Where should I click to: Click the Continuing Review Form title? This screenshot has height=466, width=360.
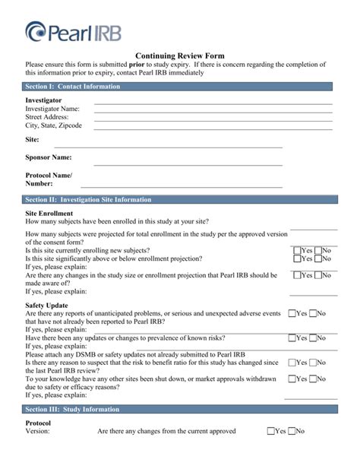pos(179,55)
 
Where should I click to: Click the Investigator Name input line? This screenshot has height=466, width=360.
pos(213,111)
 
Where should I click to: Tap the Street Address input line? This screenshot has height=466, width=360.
pos(213,119)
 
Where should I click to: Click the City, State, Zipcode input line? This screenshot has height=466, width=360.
pos(213,128)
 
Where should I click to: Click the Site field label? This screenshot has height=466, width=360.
pos(32,141)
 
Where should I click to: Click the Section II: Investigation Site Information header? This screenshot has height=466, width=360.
pos(88,199)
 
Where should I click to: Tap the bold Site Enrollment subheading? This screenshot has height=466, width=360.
pos(49,214)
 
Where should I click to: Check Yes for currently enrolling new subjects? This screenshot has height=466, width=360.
pos(297,250)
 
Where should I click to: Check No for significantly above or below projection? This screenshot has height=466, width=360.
pos(317,258)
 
